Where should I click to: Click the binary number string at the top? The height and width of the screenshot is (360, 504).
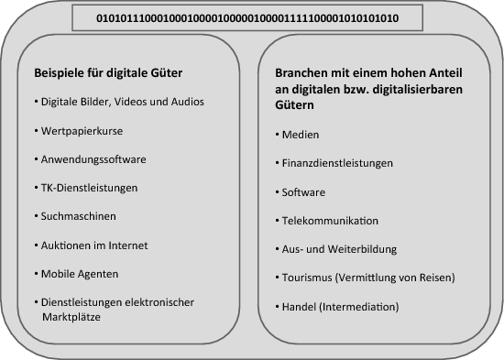pyautogui.click(x=247, y=17)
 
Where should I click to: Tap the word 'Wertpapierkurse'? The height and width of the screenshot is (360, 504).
pyautogui.click(x=82, y=130)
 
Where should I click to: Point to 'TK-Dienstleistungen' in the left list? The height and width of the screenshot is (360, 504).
pyautogui.click(x=91, y=188)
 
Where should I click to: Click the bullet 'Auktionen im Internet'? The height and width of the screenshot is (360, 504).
pyautogui.click(x=93, y=245)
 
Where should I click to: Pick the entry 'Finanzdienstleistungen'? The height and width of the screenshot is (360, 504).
pyautogui.click(x=337, y=164)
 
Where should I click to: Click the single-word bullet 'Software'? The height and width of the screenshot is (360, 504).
pyautogui.click(x=303, y=192)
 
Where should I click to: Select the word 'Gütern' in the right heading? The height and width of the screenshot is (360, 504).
pyautogui.click(x=297, y=106)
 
